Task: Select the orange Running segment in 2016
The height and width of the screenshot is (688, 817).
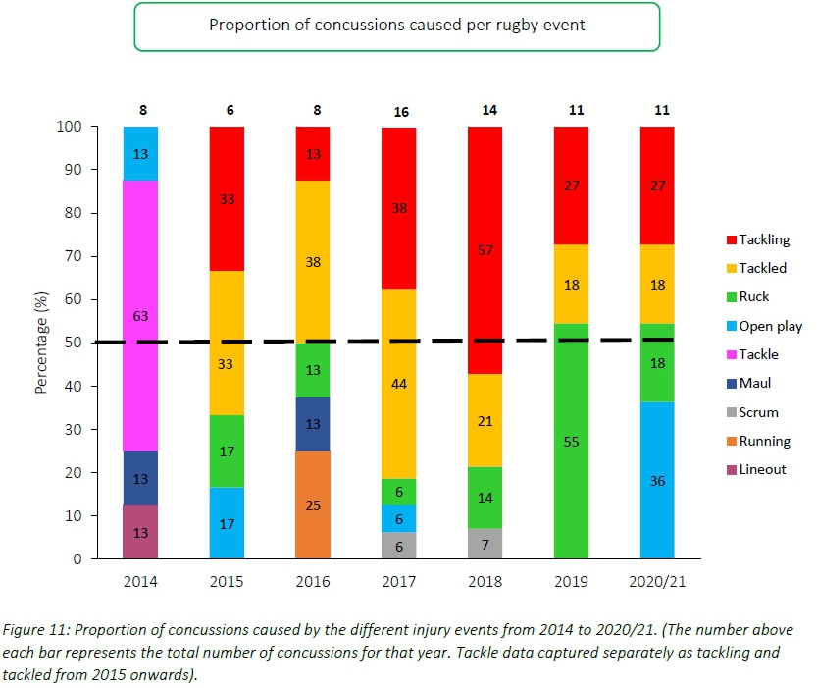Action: tap(313, 504)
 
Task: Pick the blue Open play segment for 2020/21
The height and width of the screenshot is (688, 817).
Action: tap(657, 480)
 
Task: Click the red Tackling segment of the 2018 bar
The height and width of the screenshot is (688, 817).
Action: tap(485, 249)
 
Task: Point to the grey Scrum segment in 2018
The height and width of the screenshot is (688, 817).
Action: tap(485, 543)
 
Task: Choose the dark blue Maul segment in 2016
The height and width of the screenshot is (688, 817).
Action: tap(313, 424)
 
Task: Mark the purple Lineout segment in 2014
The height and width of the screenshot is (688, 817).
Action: tap(141, 532)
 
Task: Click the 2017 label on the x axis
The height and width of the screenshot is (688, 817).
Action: tap(399, 581)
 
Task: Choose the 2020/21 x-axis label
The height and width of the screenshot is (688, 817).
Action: tap(657, 581)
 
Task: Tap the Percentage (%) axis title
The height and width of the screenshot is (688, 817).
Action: tap(42, 342)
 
